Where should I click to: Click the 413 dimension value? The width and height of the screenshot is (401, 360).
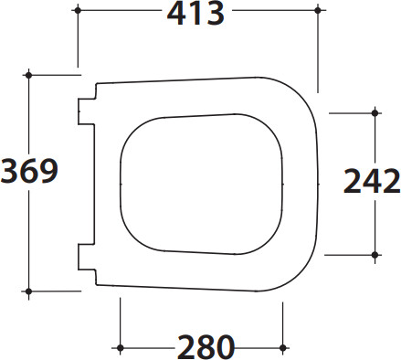pos(195,14)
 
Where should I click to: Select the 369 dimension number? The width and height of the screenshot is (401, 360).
pos(29,171)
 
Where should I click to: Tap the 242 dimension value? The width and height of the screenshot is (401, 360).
pos(372,182)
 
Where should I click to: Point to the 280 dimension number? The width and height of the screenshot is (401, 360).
pos(206,347)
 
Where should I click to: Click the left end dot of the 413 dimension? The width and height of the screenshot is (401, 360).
pos(78,10)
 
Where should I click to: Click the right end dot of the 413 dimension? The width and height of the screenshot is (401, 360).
pos(318,10)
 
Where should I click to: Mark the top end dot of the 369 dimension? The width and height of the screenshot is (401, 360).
pos(28,75)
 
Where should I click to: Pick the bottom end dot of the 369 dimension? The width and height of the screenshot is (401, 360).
pos(28,291)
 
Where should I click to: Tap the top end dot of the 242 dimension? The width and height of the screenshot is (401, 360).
pos(375,113)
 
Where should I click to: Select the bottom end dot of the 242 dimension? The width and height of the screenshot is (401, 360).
pos(375,255)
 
